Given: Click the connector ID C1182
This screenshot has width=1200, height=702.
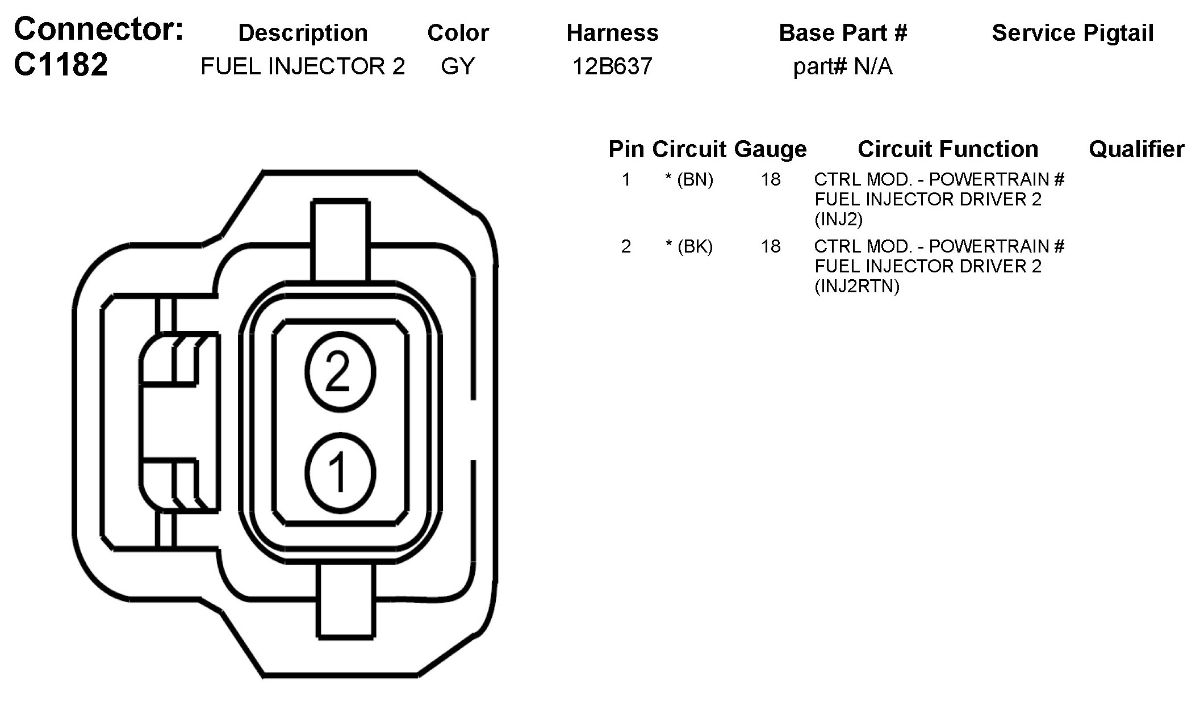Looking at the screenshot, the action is coord(61,64).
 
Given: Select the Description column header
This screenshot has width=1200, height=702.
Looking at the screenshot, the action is coord(303,33).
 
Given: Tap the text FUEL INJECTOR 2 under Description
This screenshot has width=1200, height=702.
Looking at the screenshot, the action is coord(303,66).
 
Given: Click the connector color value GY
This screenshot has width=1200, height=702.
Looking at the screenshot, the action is coord(458,66).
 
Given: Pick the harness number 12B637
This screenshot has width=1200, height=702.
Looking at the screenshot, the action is coord(612,66).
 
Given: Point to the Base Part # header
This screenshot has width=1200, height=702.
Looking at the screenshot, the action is coord(843,33).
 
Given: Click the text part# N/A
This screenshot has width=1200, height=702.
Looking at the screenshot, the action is coord(843,66).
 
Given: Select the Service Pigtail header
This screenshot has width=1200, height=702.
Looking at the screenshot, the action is coord(1073,33).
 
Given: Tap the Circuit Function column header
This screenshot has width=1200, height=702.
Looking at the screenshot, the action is coord(948,149).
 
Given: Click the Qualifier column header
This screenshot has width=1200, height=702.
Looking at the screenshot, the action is coord(1136,149).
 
